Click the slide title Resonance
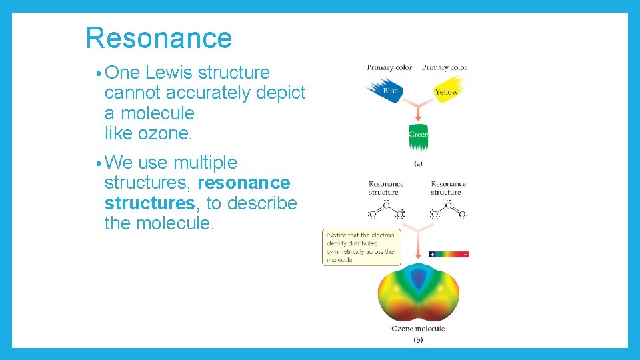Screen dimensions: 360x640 click(159, 38)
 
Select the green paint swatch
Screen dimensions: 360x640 click(418, 137)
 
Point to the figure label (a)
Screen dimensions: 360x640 click(418, 163)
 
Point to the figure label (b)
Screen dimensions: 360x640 click(418, 340)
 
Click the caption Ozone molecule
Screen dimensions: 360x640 click(417, 329)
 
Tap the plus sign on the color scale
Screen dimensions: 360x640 click(432, 254)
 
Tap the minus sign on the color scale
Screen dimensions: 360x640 click(465, 254)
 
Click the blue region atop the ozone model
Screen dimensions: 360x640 click(418, 280)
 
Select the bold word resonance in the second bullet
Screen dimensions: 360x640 click(244, 183)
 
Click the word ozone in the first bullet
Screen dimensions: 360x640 click(164, 133)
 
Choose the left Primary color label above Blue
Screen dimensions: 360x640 click(389, 67)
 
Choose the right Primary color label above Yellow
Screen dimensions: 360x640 click(445, 67)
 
